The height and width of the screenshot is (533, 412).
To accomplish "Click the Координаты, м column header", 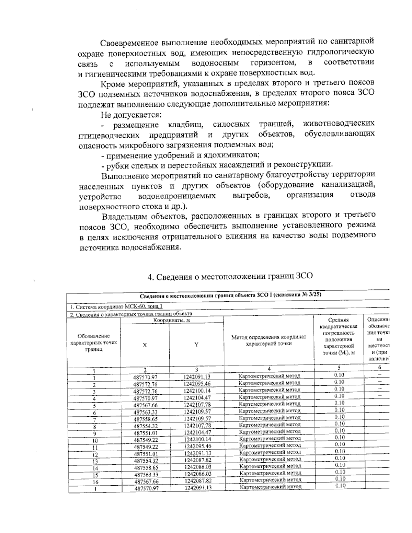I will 172,320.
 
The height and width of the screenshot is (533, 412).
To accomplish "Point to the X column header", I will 145,345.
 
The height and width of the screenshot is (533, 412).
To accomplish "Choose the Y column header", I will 196,345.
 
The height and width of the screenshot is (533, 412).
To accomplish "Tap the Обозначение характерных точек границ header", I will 94,343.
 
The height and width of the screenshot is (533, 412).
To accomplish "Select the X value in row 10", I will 146,440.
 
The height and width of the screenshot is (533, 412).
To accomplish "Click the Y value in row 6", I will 197,412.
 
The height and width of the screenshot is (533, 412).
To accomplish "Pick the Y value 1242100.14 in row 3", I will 197,391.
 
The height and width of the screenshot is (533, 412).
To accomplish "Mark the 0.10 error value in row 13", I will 339,458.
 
